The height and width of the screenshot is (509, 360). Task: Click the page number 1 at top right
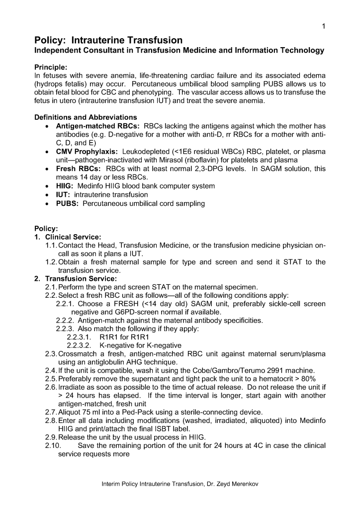[323, 26]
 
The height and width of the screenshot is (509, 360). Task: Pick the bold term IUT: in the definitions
[63, 194]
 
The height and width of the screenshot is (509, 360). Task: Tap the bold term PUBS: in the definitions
[67, 203]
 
